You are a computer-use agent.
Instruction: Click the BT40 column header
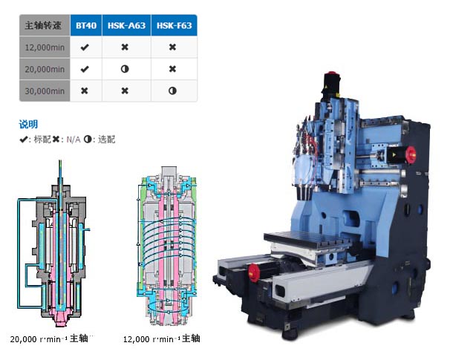tap(86, 25)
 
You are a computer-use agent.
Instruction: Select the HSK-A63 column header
tap(126, 25)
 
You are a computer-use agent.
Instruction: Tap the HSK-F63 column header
tap(174, 25)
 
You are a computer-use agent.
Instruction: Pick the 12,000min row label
tap(45, 48)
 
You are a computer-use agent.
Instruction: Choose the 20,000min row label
tap(45, 69)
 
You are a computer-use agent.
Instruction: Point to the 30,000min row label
tap(45, 91)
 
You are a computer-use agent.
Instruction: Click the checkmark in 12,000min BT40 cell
tap(85, 47)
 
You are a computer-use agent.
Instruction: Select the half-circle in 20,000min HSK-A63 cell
tap(125, 69)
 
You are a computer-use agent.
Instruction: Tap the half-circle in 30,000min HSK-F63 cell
tap(172, 91)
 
